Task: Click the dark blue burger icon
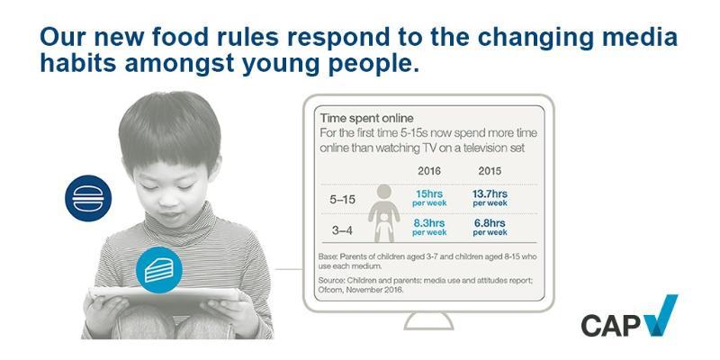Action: point(88,198)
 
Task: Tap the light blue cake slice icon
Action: point(159,269)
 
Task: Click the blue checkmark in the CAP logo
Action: point(661,316)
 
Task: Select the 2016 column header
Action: point(429,171)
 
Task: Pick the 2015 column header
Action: point(490,171)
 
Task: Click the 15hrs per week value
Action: point(429,198)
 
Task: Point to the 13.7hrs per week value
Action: point(490,198)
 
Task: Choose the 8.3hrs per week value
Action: point(429,228)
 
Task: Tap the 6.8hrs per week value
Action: point(490,228)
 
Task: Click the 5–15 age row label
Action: point(343,200)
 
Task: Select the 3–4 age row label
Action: point(342,230)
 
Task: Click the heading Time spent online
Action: point(366,119)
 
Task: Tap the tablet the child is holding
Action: point(165,295)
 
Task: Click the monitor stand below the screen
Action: point(429,321)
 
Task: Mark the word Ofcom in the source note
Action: point(330,290)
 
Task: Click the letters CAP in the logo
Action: point(611,325)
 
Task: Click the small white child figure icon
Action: point(384,229)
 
